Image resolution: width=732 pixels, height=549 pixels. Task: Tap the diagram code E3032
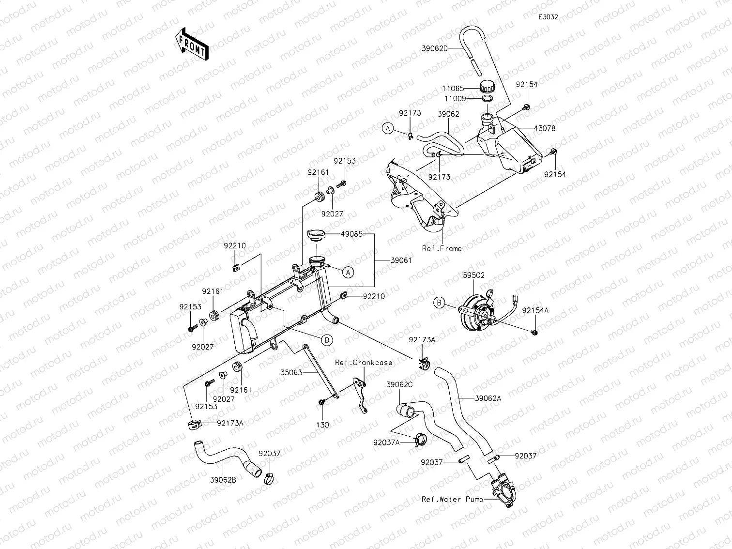(x=549, y=17)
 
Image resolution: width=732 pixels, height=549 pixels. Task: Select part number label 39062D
(x=434, y=48)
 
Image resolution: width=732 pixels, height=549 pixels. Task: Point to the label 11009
(x=456, y=98)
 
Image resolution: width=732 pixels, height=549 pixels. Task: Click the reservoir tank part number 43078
(x=545, y=128)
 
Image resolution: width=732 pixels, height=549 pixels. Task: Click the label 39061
(x=401, y=260)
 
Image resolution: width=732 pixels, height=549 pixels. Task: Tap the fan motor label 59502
(x=473, y=275)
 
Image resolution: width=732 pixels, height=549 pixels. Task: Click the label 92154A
(x=535, y=310)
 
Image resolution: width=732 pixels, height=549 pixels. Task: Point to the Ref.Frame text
(x=442, y=248)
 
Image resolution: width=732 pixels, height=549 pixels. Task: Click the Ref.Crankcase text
(x=364, y=362)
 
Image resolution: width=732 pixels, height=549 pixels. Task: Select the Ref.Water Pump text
(x=452, y=499)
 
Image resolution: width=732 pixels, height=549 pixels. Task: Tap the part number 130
(x=322, y=425)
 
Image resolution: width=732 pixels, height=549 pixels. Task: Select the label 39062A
(x=488, y=398)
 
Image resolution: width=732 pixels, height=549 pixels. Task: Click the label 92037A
(x=386, y=442)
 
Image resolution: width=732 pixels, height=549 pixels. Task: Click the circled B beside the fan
(x=439, y=303)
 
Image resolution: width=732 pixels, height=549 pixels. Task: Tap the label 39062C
(x=399, y=384)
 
